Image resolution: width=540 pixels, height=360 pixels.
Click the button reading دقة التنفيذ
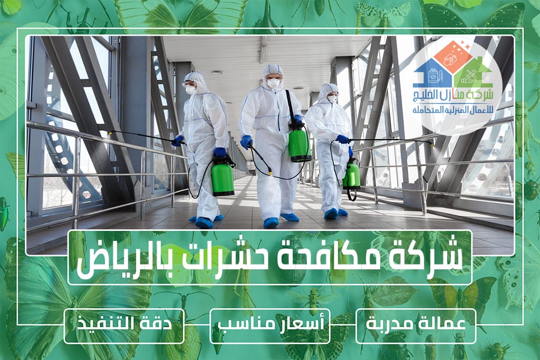pyautogui.click(x=124, y=326)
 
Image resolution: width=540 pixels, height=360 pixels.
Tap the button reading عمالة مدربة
pyautogui.click(x=416, y=326)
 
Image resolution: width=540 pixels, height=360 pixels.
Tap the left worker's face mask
pyautogui.click(x=190, y=90)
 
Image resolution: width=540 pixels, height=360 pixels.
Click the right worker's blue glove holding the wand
pyautogui.click(x=343, y=139)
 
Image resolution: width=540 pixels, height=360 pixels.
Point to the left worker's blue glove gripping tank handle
pyautogui.click(x=219, y=151)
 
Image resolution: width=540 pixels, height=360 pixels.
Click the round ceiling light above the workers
pyautogui.click(x=217, y=72)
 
